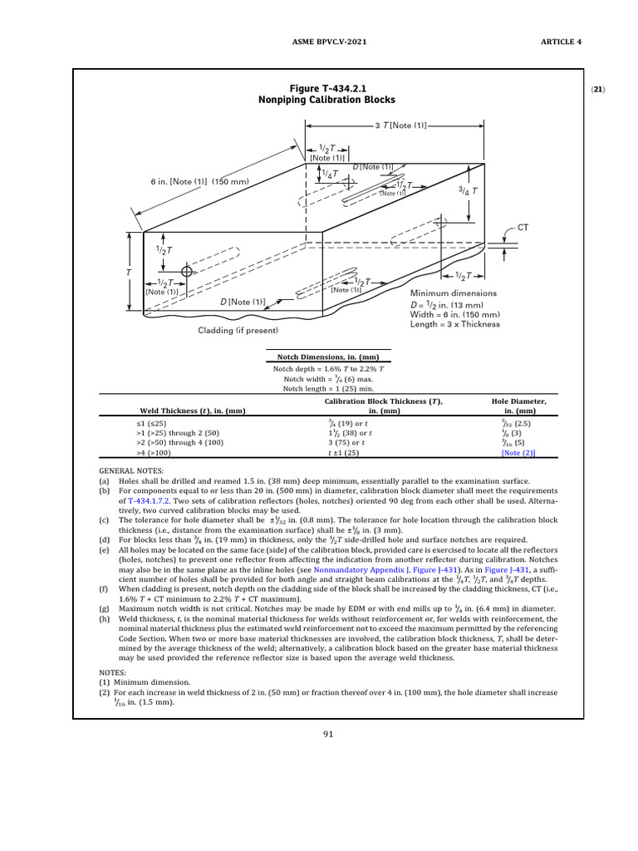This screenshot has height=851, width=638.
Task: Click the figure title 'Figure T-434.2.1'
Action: (326, 88)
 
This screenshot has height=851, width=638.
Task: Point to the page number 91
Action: (327, 733)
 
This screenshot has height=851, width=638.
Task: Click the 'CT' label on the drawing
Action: (523, 227)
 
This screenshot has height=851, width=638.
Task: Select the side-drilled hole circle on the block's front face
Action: (187, 271)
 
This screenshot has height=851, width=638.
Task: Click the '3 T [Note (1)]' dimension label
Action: (401, 125)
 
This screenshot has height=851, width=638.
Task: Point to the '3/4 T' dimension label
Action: (468, 190)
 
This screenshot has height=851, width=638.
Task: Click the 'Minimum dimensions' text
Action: (454, 293)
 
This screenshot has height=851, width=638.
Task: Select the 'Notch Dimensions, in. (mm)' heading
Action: (326, 357)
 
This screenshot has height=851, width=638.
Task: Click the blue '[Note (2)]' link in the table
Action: (518, 454)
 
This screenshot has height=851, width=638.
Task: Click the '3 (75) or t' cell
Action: (346, 444)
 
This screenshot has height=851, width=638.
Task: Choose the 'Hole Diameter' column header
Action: (519, 401)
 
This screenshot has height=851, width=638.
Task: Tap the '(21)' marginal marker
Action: (598, 89)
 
